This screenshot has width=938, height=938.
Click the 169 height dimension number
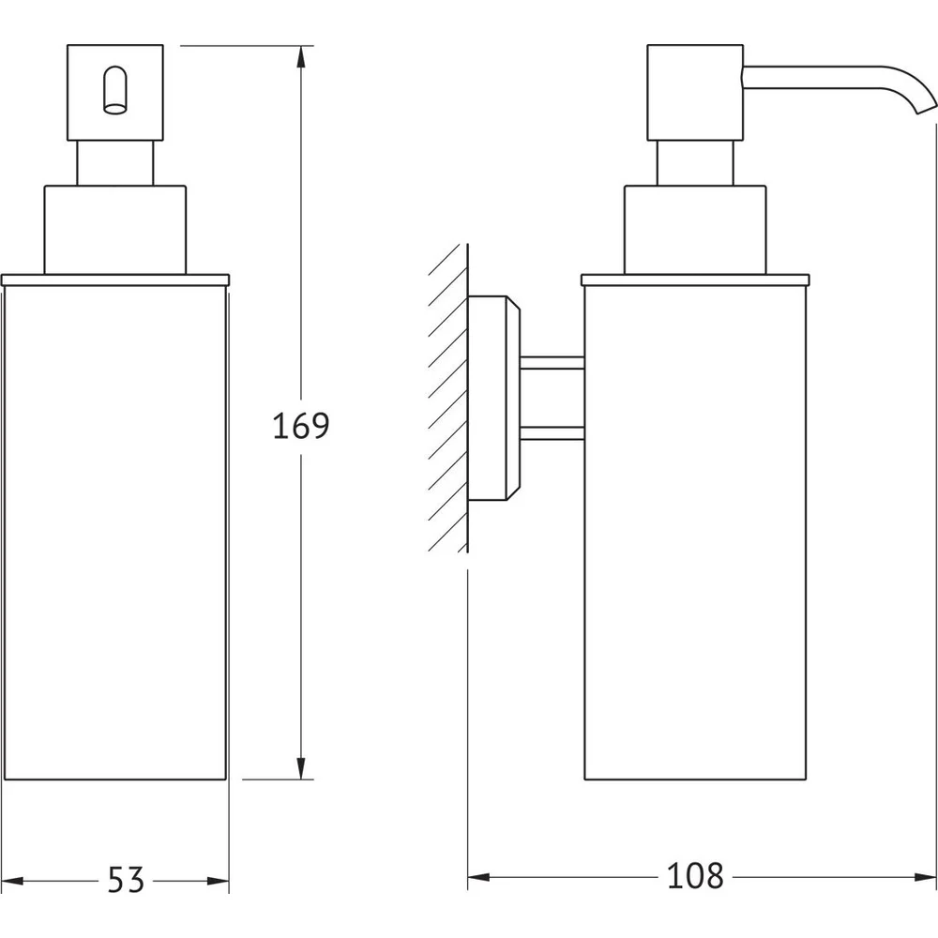click(301, 426)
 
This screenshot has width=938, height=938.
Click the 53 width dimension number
click(127, 880)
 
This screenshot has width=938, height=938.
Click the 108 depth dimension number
click(695, 876)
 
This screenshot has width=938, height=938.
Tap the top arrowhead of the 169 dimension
click(301, 57)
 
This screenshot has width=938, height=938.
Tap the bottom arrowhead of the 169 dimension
click(301, 768)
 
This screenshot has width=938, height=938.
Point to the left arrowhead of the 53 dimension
click(12, 881)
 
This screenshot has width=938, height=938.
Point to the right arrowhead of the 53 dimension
click(218, 881)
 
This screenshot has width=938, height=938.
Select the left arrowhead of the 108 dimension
click(478, 878)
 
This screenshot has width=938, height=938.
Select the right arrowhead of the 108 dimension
click(925, 878)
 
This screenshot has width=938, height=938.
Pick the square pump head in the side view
click(695, 93)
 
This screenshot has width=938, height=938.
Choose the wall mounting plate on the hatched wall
click(494, 398)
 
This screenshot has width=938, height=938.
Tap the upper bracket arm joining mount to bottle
click(552, 363)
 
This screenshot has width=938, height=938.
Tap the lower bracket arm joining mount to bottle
click(552, 433)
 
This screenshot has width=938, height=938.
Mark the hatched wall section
click(448, 398)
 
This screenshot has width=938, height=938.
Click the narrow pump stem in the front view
click(114, 163)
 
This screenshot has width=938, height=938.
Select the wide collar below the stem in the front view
click(114, 231)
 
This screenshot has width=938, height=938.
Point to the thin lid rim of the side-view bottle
click(695, 280)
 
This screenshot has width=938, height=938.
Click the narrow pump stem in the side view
click(695, 163)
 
